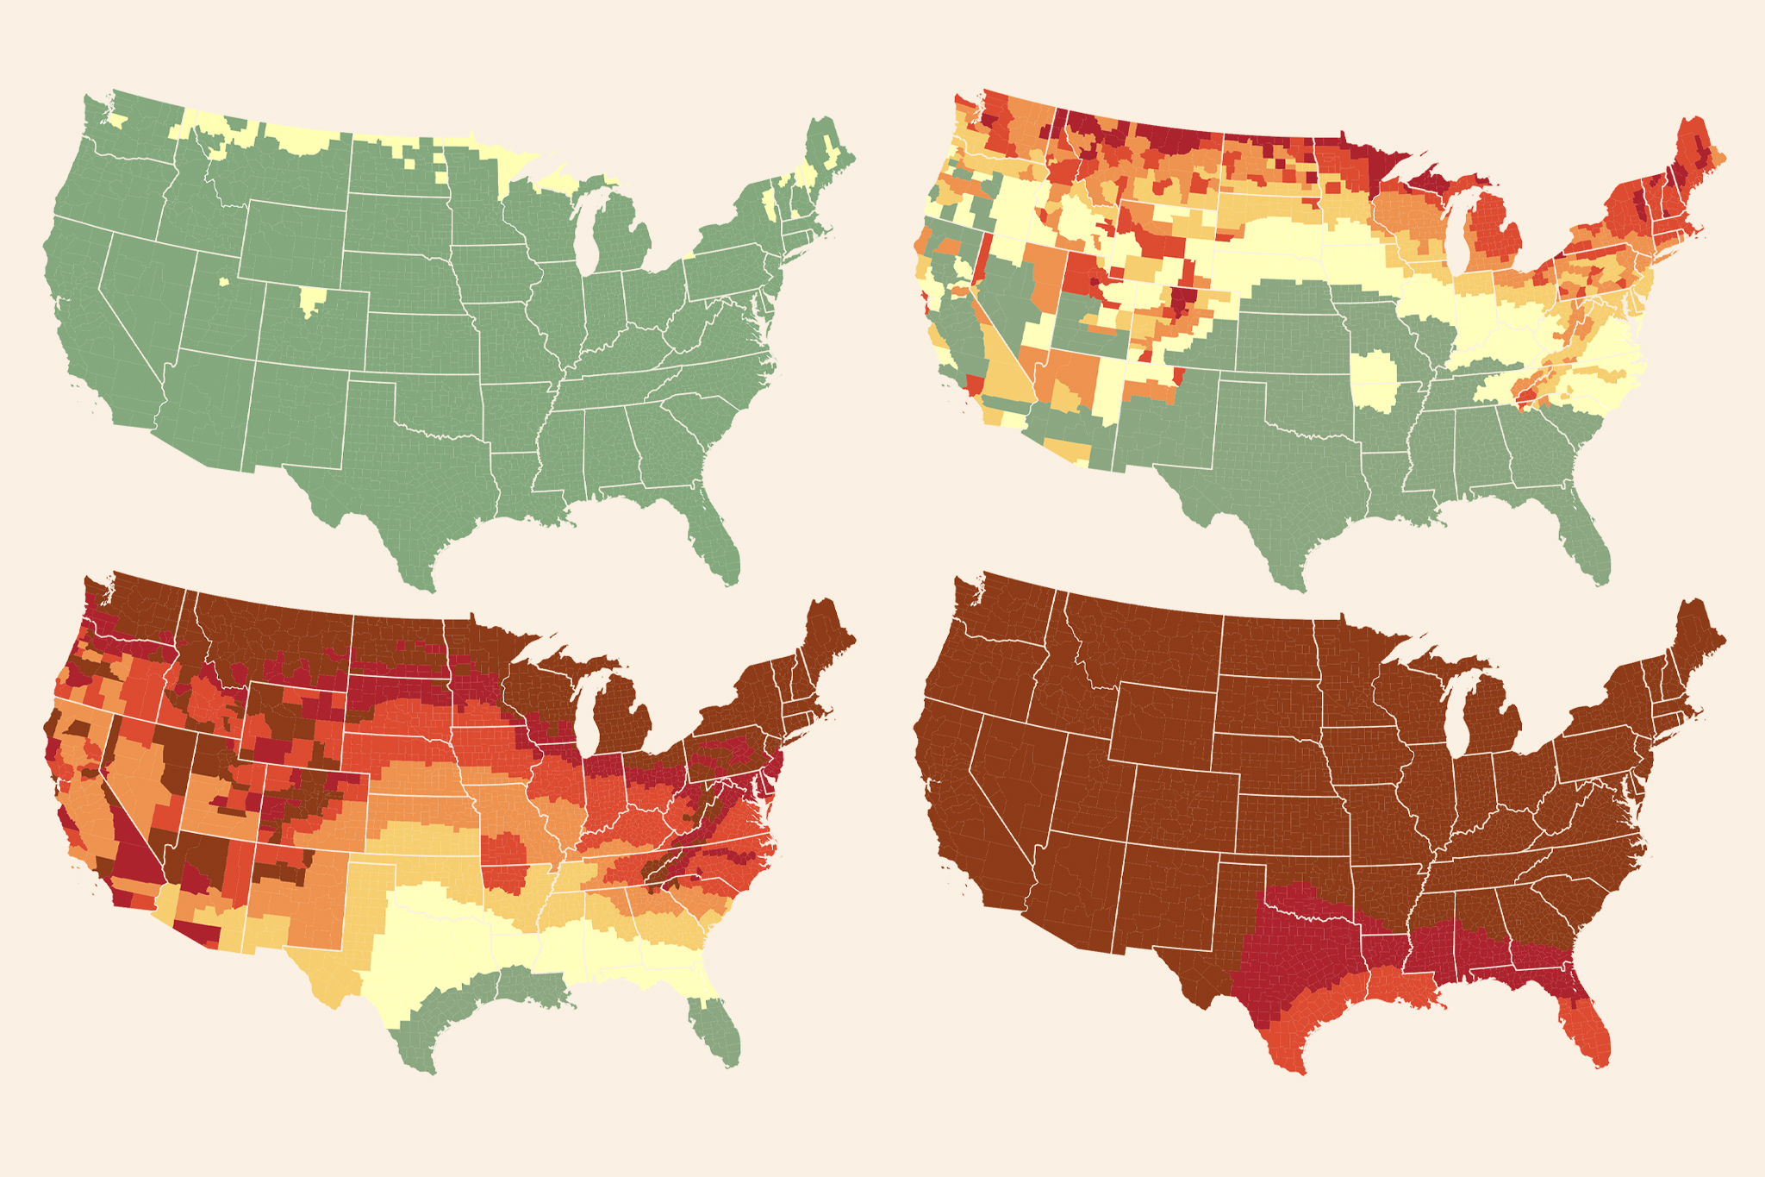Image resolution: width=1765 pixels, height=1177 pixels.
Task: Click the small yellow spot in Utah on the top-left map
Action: (x=224, y=280)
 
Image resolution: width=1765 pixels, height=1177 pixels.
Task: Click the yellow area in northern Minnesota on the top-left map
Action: (x=517, y=164)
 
